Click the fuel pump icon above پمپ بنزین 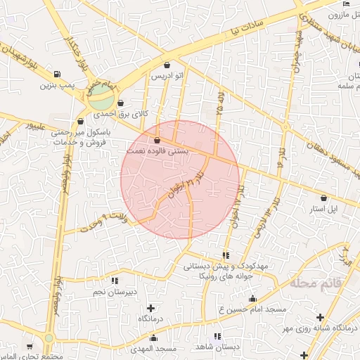[56, 75]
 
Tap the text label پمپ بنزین [56, 86]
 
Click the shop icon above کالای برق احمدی [121, 103]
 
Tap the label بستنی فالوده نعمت [156, 150]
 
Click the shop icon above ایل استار [323, 198]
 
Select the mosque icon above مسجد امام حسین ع [252, 300]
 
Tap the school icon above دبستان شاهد [217, 336]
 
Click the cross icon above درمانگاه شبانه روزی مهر [321, 318]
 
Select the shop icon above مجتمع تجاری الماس [30, 347]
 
